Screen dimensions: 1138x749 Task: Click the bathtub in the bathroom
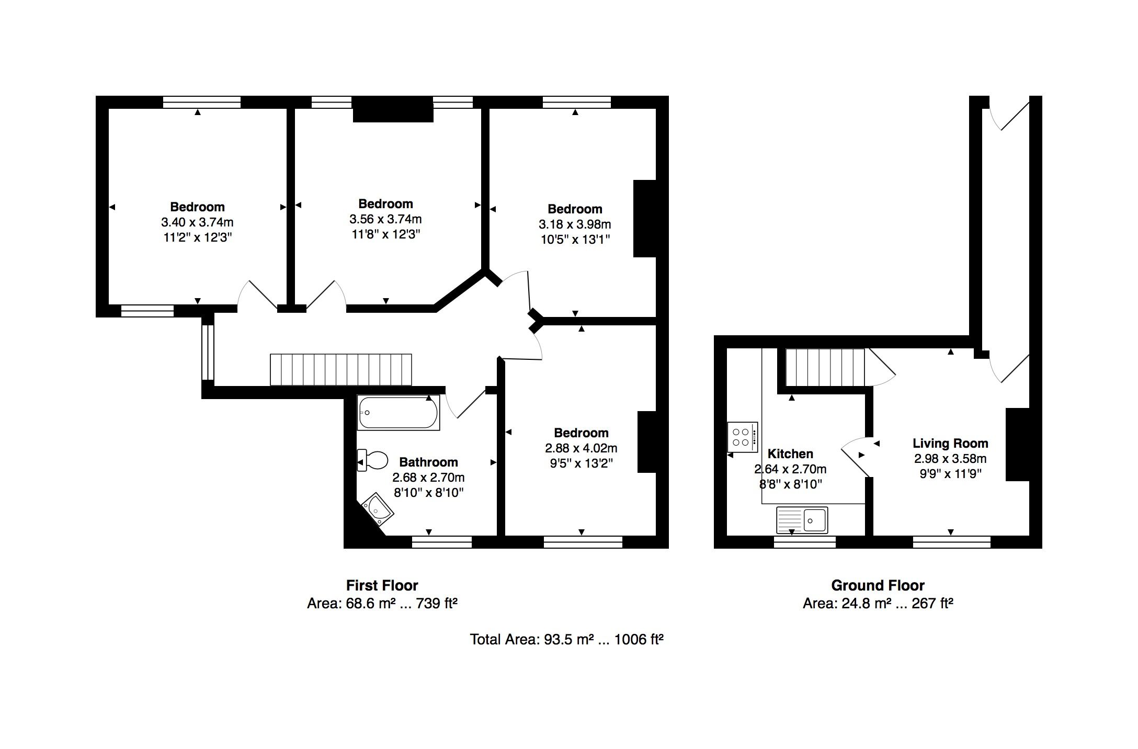(x=399, y=413)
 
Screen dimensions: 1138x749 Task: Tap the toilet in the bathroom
(x=372, y=461)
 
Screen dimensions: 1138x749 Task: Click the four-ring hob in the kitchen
(x=743, y=437)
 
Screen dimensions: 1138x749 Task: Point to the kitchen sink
(x=802, y=520)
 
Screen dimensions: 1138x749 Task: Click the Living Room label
(x=950, y=444)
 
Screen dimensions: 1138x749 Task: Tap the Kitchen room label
(x=790, y=453)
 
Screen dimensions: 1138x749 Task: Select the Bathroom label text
(x=428, y=462)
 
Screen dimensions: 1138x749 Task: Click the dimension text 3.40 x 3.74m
(x=197, y=222)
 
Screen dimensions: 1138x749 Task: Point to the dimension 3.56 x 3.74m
(x=385, y=219)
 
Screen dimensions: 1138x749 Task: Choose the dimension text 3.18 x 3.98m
(x=575, y=224)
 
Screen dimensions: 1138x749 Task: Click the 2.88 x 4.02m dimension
(x=581, y=448)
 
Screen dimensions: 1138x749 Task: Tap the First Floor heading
(x=382, y=585)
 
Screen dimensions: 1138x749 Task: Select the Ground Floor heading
(x=878, y=585)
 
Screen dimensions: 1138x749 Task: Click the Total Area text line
(x=567, y=639)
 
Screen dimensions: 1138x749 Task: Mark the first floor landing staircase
(x=341, y=370)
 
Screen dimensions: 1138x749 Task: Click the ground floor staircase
(x=825, y=368)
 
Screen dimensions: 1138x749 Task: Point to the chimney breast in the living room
(x=1018, y=445)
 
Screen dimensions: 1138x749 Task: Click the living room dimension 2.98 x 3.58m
(x=950, y=459)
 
